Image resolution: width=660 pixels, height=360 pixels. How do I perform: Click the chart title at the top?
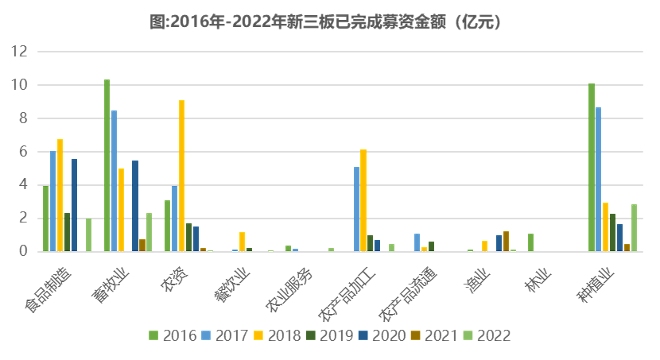[330, 22]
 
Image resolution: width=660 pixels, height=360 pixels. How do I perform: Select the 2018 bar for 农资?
[182, 176]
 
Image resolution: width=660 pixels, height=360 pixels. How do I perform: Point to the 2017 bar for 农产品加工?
[356, 209]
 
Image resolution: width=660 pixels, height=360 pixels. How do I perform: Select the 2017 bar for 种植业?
[599, 179]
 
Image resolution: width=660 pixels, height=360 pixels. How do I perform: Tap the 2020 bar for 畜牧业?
[135, 206]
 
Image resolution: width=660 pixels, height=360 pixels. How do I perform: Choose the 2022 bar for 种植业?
[634, 228]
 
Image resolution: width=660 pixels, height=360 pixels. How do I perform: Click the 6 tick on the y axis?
[23, 151]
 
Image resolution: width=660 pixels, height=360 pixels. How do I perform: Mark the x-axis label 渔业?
[480, 269]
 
